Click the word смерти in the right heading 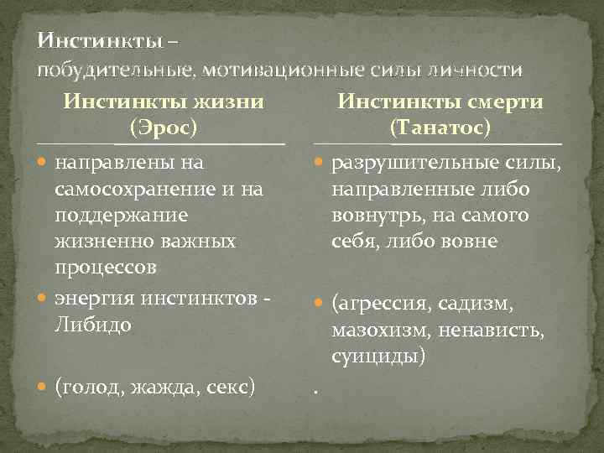tap(504, 102)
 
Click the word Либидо tap(92, 323)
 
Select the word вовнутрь tap(377, 216)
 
